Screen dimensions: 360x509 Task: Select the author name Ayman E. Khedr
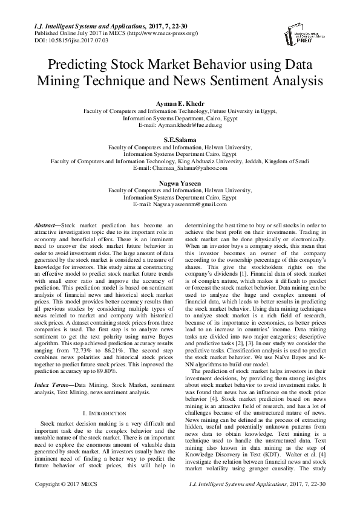pos(180,103)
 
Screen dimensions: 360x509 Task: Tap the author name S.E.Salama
pos(180,139)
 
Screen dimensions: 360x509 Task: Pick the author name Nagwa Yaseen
pos(180,183)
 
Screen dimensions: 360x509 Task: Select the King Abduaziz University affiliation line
pos(180,161)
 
